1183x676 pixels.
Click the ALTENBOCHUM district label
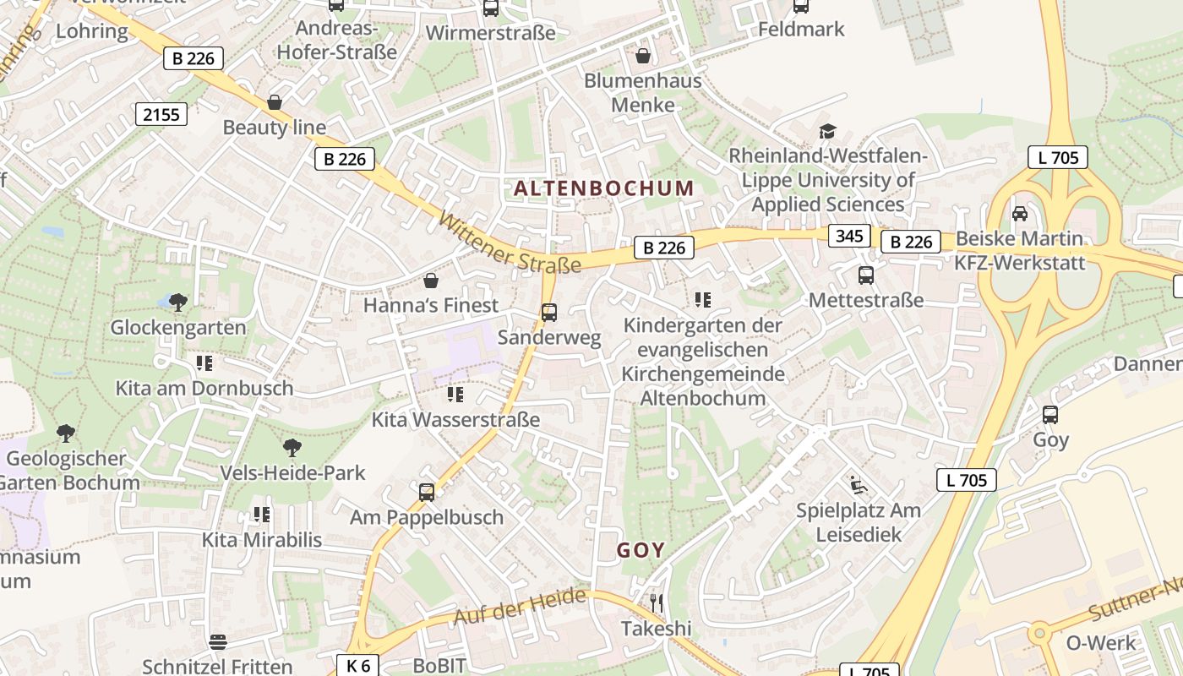[603, 188]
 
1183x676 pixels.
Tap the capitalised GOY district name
[641, 551]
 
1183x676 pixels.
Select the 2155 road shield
[161, 114]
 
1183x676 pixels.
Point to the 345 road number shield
[848, 235]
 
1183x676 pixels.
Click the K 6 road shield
[358, 665]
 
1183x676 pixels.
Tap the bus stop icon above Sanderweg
[549, 313]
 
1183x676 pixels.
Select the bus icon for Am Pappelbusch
[427, 492]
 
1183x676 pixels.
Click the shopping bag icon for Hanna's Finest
[431, 280]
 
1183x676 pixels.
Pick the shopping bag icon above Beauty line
[275, 102]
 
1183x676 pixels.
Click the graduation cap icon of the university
[827, 131]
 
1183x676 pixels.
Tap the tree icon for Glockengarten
[178, 302]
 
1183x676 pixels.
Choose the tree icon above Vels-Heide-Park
[292, 447]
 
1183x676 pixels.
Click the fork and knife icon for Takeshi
[657, 602]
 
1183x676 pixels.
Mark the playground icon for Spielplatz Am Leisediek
[859, 485]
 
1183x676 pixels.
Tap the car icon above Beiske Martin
[1020, 213]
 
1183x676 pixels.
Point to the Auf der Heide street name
[519, 607]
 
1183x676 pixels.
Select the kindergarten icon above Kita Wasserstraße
[455, 395]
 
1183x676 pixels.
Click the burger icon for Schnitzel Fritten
[218, 641]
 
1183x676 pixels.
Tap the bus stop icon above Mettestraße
[866, 275]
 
